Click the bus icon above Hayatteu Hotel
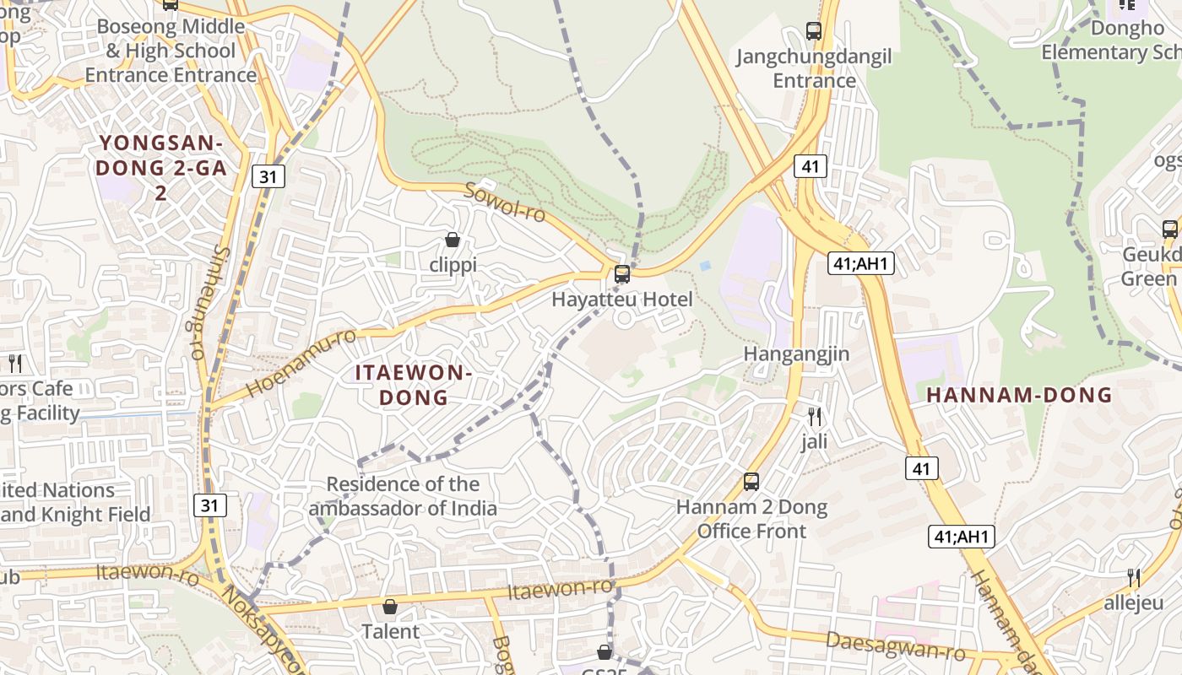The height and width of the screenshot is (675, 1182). [622, 274]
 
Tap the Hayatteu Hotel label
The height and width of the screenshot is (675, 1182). [622, 300]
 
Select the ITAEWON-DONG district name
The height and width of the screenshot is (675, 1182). [413, 385]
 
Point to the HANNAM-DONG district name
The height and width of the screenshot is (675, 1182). [1019, 395]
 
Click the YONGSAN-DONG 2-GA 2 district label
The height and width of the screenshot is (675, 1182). [160, 167]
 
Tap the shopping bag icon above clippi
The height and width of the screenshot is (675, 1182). [453, 240]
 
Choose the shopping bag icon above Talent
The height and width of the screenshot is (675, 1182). [390, 607]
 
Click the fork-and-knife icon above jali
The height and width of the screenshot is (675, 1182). [815, 416]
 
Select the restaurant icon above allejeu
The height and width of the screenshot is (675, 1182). [1134, 578]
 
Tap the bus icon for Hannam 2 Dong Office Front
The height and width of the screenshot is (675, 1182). [751, 482]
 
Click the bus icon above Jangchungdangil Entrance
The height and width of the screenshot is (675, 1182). [814, 31]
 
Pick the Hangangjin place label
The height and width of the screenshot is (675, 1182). [796, 354]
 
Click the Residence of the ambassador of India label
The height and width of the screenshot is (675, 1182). [403, 496]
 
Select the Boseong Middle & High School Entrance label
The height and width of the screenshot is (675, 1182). [171, 51]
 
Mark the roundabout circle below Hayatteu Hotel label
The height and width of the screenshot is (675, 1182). [624, 318]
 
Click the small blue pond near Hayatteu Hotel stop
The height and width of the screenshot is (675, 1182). [705, 266]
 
